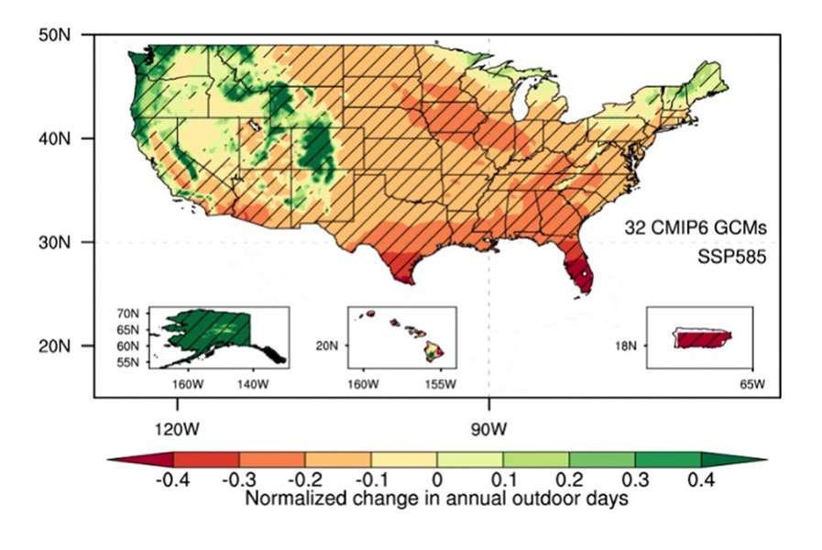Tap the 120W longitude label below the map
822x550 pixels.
click(177, 427)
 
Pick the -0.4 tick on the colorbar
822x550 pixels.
click(172, 479)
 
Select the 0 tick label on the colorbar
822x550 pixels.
click(437, 479)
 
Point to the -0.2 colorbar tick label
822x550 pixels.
click(304, 479)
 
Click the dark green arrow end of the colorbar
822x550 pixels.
click(733, 459)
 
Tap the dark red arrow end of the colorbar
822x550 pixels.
click(139, 459)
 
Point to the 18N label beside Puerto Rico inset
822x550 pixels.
click(630, 346)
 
